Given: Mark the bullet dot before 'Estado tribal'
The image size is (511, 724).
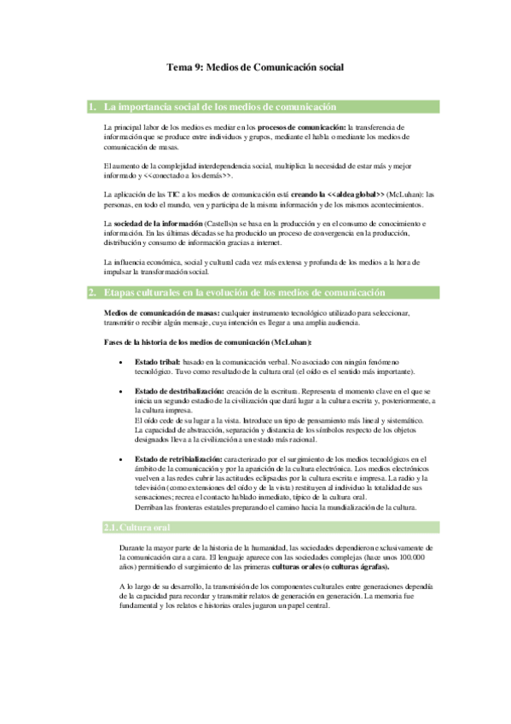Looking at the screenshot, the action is coord(125,362).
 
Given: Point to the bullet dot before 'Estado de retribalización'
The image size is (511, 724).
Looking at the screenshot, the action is coord(125,458).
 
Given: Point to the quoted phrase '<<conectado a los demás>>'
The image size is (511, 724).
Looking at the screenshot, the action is coord(189,175).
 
